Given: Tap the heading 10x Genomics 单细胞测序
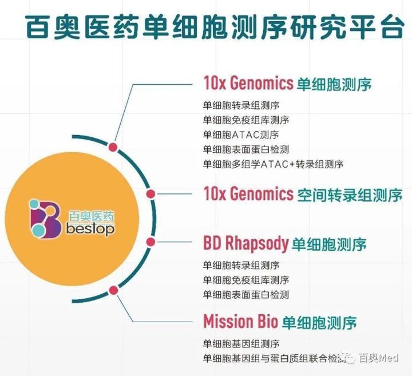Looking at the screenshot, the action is [287, 84].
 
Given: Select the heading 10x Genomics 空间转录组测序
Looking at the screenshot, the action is [303, 194].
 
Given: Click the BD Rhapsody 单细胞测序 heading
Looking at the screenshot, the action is [285, 244].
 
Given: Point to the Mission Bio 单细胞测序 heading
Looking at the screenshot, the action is [280, 322].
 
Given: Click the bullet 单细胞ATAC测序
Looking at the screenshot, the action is [241, 135].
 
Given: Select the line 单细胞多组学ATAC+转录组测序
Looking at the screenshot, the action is [273, 164].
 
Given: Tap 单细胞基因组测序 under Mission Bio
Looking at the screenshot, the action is [241, 343].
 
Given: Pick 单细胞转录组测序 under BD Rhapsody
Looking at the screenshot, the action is [241, 265].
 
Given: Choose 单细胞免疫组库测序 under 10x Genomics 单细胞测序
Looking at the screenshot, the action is [246, 120].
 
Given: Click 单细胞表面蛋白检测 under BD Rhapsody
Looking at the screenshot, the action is [246, 295].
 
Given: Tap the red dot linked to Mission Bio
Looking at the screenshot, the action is [113, 290].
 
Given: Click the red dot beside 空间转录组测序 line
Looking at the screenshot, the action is [150, 194].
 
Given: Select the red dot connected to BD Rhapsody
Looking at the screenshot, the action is [150, 242].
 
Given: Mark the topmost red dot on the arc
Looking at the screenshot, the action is [113, 147].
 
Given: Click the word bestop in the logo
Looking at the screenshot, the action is [90, 229].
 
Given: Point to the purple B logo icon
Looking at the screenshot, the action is [45, 219].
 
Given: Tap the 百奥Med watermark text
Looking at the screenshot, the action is [379, 358].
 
